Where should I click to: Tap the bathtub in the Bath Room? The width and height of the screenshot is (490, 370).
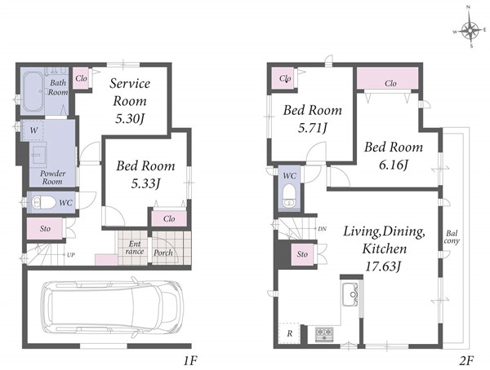(33, 92)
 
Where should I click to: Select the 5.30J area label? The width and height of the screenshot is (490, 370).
(130, 118)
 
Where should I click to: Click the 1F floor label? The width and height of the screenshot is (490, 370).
(189, 361)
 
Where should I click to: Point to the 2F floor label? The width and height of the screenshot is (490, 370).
(466, 361)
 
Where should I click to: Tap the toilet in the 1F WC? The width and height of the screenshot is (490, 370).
(43, 202)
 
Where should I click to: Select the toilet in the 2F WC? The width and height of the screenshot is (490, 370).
(289, 196)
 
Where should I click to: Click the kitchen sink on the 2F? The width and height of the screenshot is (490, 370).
(350, 294)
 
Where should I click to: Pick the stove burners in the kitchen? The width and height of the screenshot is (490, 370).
(324, 334)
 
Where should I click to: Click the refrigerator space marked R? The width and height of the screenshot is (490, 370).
(289, 333)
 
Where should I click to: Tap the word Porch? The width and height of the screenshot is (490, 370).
(163, 253)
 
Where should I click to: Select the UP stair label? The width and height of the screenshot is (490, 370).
(71, 255)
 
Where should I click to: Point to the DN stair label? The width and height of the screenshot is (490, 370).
(323, 229)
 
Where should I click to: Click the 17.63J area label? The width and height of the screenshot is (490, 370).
(384, 266)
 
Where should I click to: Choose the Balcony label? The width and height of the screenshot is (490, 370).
(452, 237)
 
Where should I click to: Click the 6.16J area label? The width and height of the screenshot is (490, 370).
(394, 165)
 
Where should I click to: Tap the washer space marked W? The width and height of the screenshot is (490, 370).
(33, 130)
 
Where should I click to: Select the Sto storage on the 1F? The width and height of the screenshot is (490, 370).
(45, 229)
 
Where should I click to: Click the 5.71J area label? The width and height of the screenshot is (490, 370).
(312, 128)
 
